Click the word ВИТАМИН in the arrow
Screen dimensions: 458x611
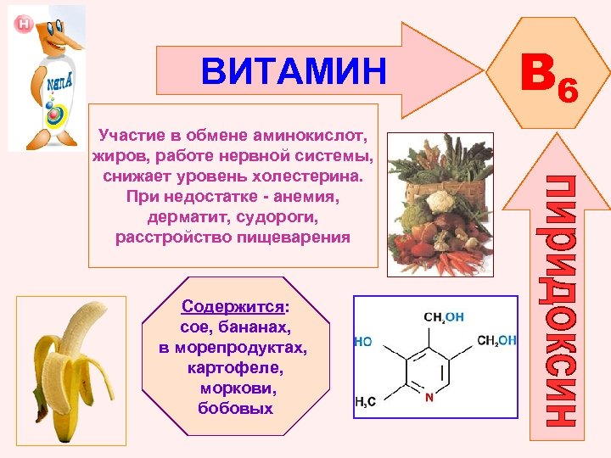[x=293, y=72]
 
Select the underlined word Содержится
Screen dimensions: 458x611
[x=233, y=307]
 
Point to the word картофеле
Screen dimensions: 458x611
[x=233, y=368]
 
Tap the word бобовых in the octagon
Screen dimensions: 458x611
[x=234, y=409]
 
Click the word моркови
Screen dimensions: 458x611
[x=234, y=388]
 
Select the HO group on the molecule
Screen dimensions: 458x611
[x=363, y=342]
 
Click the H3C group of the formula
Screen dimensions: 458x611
[x=367, y=402]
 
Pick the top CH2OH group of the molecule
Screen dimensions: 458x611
[x=443, y=317]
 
